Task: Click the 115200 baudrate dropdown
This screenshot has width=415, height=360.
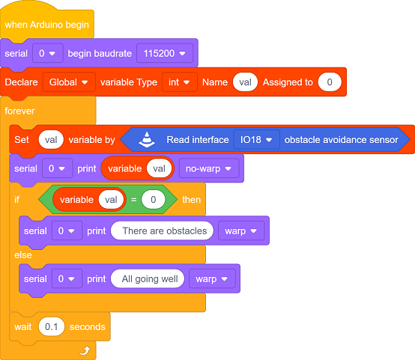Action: coord(165,53)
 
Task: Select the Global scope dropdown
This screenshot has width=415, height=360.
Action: coord(69,82)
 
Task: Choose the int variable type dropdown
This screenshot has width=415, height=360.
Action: coord(180,82)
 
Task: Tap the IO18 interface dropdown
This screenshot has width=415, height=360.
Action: coord(256,139)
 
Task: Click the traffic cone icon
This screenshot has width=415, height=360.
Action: coord(147,139)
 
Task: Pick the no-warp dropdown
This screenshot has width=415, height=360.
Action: coord(209,168)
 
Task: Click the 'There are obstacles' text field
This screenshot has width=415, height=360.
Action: coord(162,231)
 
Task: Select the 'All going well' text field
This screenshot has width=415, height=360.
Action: coord(148,278)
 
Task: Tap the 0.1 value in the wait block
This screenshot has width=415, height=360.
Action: coord(52,326)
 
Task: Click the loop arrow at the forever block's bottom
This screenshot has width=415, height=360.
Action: coord(85,351)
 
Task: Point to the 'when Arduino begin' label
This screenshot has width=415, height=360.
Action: coord(47,25)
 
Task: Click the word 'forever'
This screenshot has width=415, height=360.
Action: coord(19,111)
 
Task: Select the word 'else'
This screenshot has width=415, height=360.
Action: coord(23,254)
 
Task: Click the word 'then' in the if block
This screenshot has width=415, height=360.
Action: coord(191,199)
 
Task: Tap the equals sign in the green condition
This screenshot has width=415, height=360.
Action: coord(133,199)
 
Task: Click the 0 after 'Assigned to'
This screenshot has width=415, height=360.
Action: coord(330,82)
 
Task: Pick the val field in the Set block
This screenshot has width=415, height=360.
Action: coord(51,139)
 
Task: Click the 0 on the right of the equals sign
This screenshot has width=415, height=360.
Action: coord(154,199)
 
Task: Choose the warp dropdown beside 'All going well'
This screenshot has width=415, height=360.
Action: coord(212,278)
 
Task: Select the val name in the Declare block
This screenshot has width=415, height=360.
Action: coord(245,82)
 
